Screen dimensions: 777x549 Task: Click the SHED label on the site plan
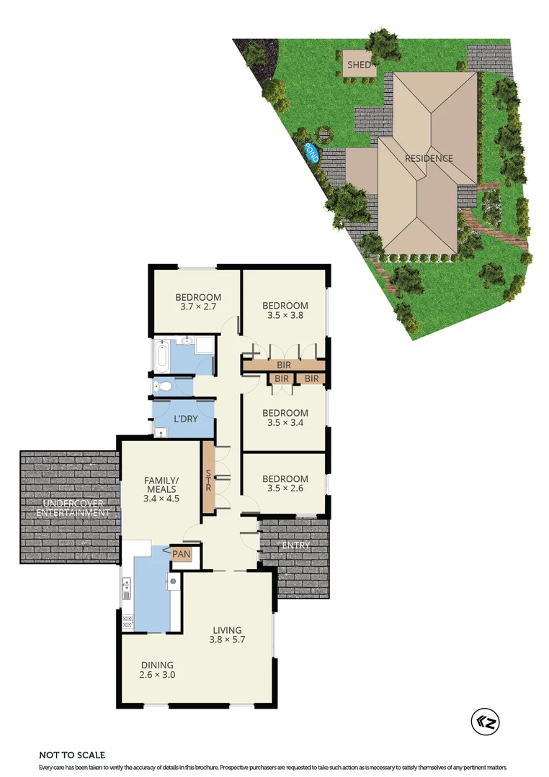click(359, 65)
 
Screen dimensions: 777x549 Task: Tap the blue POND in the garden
click(312, 152)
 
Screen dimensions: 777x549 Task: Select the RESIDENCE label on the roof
click(429, 158)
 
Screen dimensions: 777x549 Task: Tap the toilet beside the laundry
click(163, 386)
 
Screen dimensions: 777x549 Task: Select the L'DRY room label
click(186, 419)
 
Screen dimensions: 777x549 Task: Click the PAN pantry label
click(180, 554)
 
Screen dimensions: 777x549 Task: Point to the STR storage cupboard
click(209, 478)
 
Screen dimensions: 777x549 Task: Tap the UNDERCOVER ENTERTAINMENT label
click(70, 508)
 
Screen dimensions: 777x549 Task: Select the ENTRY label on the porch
click(296, 545)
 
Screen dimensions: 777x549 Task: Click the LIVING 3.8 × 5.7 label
click(227, 635)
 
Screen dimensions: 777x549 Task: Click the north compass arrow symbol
click(485, 721)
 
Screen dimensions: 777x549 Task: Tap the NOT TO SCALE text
click(72, 755)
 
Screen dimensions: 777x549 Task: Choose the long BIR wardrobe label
click(284, 365)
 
